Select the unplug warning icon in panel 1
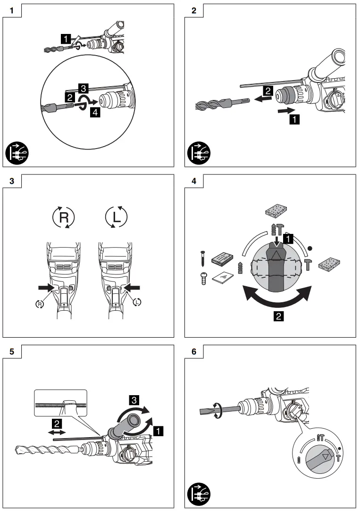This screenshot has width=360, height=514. click(17, 153)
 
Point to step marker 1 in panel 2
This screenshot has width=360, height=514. click(294, 119)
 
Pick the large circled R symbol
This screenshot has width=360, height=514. click(63, 217)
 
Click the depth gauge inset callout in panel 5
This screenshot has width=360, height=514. click(60, 404)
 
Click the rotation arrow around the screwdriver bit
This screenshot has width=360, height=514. click(217, 410)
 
